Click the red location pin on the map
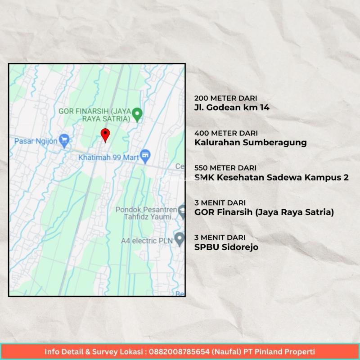pos(105,134)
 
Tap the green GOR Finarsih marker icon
pos(138,114)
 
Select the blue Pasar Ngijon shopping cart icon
pos(65,141)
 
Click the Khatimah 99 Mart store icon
pos(145,157)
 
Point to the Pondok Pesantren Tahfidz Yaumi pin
pos(182,210)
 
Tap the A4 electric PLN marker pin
pos(179,238)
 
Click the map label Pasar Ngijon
pos(36,141)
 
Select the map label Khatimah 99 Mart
pos(108,158)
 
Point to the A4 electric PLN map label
pos(146,241)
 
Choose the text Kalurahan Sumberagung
pos(250,142)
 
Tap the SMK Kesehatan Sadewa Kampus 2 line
pos(271,177)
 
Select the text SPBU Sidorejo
pos(226,247)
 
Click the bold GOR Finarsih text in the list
pos(264,212)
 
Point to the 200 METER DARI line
pos(226,98)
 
